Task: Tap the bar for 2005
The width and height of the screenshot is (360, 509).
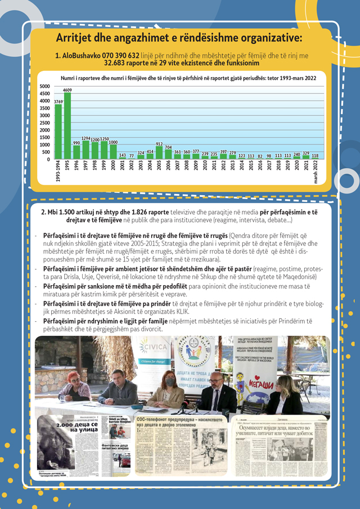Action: [159, 152]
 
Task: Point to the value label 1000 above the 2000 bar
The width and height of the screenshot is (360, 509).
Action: [113, 142]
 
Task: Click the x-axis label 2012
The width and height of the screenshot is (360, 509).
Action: [224, 168]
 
